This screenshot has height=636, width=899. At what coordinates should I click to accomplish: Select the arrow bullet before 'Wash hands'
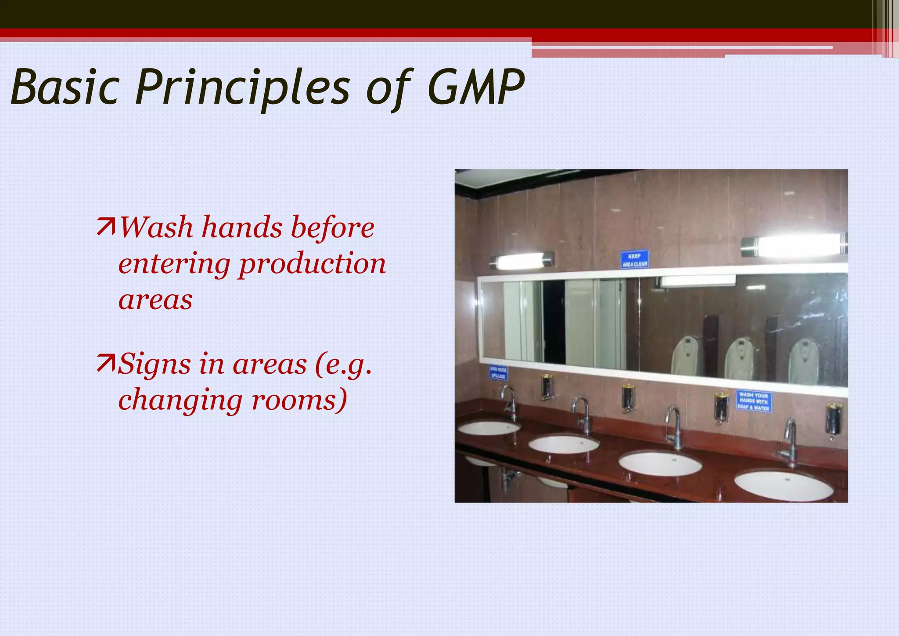tap(106, 227)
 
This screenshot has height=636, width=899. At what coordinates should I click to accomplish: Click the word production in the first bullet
tap(312, 264)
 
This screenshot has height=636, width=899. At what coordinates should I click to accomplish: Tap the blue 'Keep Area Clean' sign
tap(634, 260)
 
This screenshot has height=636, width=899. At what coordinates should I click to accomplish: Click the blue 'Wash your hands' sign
tap(754, 401)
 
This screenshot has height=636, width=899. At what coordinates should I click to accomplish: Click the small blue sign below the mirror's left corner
tap(498, 373)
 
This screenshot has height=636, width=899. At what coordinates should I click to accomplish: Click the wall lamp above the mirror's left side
tap(521, 260)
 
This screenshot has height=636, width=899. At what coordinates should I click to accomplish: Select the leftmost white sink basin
tap(488, 427)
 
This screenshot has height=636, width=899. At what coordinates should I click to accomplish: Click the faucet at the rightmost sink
tap(789, 441)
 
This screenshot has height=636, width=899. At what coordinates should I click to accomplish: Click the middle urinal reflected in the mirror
tap(740, 358)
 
